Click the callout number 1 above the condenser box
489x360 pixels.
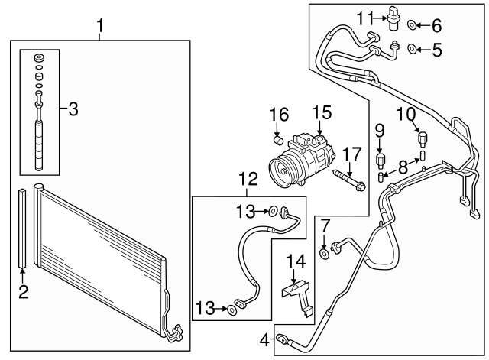click(100, 28)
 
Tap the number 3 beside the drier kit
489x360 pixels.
click(73, 109)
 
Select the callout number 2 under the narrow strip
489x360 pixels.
click(23, 290)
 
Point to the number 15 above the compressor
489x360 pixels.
click(321, 113)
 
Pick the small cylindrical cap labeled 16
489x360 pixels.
click(279, 140)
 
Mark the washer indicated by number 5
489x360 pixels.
click(413, 50)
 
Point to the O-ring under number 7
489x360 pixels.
click(325, 253)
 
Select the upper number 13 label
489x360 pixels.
click(247, 210)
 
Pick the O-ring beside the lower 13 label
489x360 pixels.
click(232, 310)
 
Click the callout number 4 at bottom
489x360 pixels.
click(265, 339)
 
